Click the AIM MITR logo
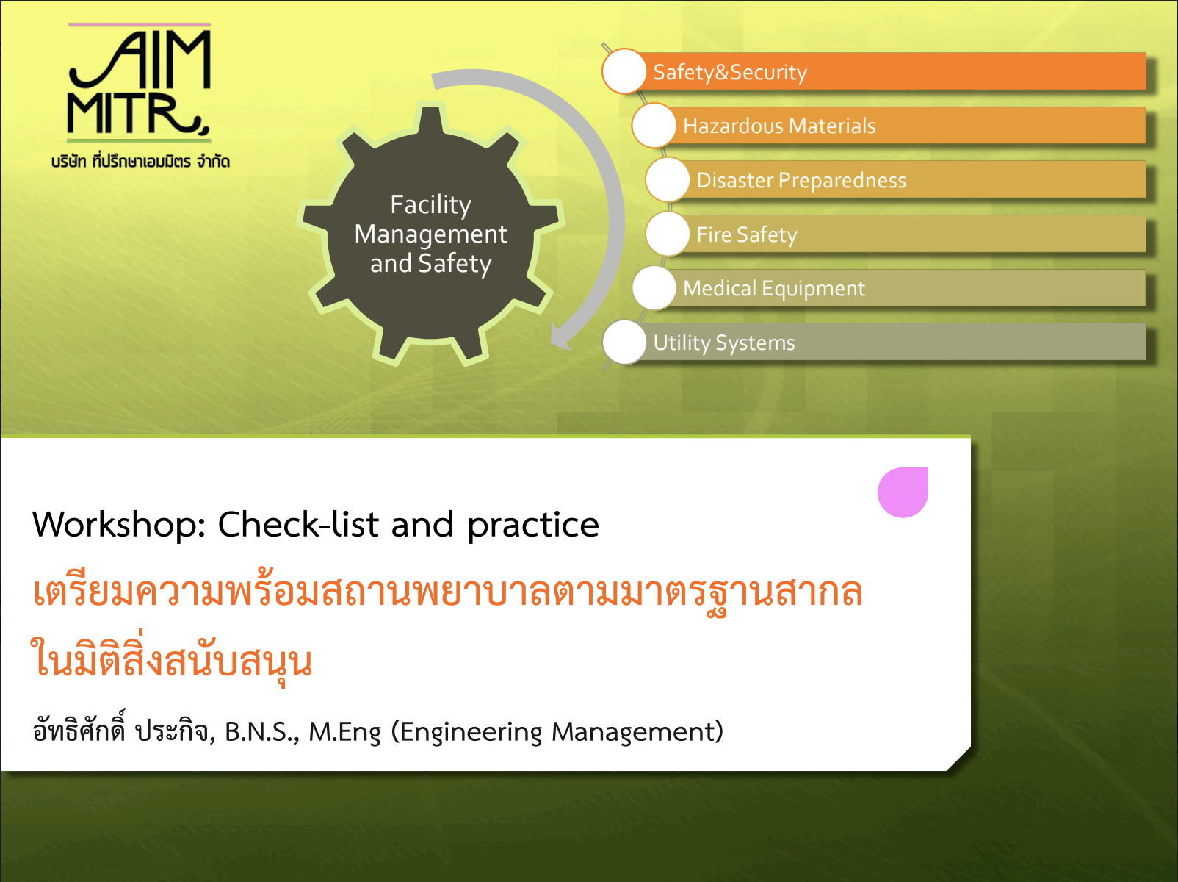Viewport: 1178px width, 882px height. coord(140,83)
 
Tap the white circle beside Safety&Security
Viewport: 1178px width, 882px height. coord(624,71)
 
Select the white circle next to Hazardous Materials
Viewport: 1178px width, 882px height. coord(654,126)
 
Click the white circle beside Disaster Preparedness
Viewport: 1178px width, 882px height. coord(668,180)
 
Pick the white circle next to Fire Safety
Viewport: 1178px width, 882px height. coord(668,234)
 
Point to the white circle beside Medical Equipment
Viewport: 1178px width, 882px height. coord(654,288)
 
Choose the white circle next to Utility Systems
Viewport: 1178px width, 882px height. coord(624,343)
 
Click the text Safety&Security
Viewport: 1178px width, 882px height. coord(730,73)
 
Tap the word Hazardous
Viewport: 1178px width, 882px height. coord(733,126)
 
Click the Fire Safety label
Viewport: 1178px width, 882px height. coord(746,235)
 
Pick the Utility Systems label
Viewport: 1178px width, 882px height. coord(724,343)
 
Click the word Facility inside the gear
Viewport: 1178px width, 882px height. coord(431,205)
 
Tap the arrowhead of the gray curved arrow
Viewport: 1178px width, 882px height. coord(561,337)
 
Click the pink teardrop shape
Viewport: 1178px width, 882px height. coord(903,492)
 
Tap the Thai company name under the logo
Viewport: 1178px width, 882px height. coord(140,161)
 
